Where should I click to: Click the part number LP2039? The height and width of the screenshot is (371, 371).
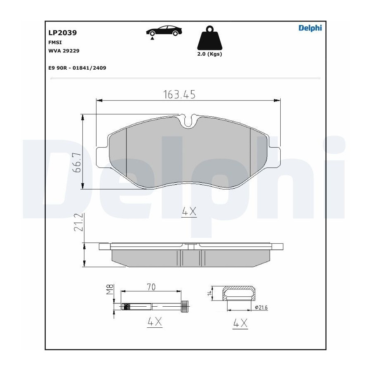pos(63,33)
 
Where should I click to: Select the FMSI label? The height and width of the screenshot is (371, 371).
pos(55,42)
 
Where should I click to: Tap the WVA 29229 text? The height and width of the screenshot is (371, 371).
pos(64,51)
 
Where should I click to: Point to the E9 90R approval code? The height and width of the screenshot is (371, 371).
pos(77,68)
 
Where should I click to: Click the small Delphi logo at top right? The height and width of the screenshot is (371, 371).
pos(310,28)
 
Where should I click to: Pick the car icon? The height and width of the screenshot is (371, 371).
pos(164,31)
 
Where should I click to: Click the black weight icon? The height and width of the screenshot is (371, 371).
pos(210,38)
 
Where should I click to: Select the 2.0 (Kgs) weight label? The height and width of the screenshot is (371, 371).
pos(210,54)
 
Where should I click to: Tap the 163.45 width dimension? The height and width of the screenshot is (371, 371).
pos(179,94)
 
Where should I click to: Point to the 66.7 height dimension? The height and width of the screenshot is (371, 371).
pos(77,162)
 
